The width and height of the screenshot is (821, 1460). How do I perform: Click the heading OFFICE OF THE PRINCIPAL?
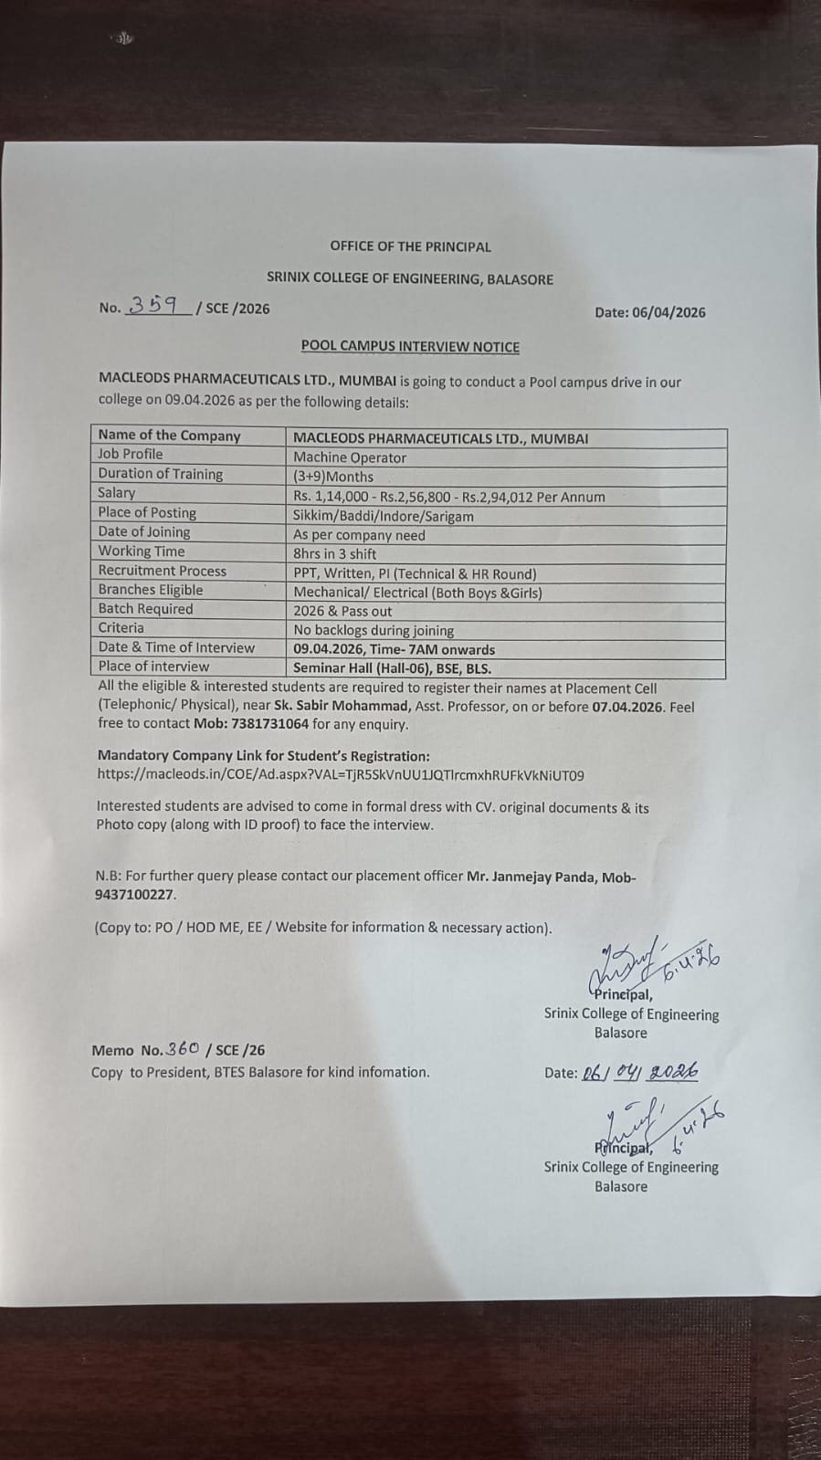click(x=410, y=247)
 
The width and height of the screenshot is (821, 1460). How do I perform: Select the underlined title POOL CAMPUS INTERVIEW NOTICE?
click(x=410, y=347)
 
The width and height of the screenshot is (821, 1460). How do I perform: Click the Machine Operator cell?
click(x=350, y=457)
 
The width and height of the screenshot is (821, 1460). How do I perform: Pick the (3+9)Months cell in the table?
click(x=333, y=477)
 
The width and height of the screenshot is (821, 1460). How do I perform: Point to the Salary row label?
click(x=117, y=492)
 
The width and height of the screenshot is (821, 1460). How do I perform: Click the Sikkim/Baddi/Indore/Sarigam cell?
click(x=384, y=516)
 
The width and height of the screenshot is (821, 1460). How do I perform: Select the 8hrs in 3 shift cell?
click(x=335, y=554)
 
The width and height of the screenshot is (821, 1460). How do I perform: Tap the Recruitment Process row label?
click(x=163, y=571)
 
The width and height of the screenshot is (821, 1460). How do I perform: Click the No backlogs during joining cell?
click(x=374, y=630)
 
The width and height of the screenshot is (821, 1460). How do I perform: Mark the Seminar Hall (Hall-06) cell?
click(x=392, y=668)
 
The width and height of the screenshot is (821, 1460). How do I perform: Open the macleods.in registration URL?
click(x=341, y=775)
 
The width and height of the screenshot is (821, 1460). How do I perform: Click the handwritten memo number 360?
click(x=183, y=1049)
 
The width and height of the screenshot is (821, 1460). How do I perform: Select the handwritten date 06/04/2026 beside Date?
click(x=639, y=1071)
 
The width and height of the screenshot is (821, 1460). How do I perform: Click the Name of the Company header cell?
click(x=170, y=436)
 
